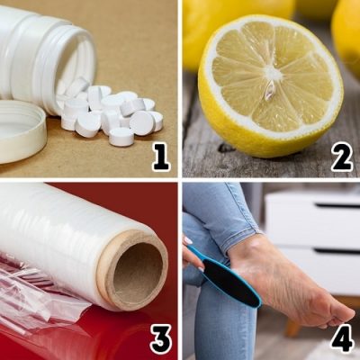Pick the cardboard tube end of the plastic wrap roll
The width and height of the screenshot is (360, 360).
coord(134,270)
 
